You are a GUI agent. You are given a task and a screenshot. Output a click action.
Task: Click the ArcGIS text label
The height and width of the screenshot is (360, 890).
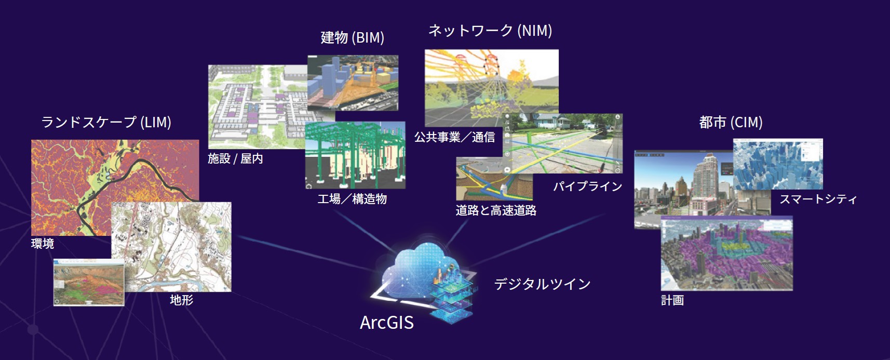[x=387, y=322]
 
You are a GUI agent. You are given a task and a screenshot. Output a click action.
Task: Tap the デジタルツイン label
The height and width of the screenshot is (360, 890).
[x=542, y=284]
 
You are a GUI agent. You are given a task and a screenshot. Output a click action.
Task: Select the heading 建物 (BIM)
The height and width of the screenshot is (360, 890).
[x=353, y=37]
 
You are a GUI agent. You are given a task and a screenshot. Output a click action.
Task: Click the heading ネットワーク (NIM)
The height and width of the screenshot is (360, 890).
[x=490, y=31]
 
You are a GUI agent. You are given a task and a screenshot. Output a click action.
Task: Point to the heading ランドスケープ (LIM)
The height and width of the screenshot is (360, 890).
[x=106, y=122]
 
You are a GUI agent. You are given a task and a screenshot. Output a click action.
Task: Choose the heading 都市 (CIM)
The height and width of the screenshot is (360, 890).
[x=731, y=123]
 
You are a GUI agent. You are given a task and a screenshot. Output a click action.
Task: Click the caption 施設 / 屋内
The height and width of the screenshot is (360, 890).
[x=235, y=158]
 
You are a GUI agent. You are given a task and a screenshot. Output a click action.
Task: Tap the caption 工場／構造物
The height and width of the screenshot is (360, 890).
[x=352, y=198]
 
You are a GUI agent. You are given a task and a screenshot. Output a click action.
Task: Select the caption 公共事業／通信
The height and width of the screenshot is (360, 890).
[x=454, y=137]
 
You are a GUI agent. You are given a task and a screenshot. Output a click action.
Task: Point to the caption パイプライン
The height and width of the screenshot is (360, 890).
[x=588, y=186]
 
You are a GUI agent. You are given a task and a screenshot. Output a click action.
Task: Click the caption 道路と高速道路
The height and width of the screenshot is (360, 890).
[x=496, y=210]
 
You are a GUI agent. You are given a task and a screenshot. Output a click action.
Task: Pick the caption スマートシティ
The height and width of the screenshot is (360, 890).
[x=818, y=198]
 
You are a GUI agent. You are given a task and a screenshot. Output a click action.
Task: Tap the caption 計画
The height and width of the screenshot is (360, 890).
[x=672, y=300]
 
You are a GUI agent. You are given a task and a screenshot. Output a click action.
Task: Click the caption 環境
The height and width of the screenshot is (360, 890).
[x=43, y=243]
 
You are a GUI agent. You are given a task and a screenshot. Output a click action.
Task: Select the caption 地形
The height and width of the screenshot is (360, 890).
[x=182, y=300]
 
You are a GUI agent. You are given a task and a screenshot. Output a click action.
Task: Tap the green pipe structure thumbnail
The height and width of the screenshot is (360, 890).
[x=355, y=155]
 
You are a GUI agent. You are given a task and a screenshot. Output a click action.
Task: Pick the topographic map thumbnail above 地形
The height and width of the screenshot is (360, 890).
[x=171, y=247]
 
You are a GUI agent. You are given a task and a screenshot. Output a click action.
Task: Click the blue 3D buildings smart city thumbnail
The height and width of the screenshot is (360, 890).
[x=778, y=164]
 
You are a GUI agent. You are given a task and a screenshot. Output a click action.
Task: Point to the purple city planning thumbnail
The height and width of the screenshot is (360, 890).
[x=727, y=253]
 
